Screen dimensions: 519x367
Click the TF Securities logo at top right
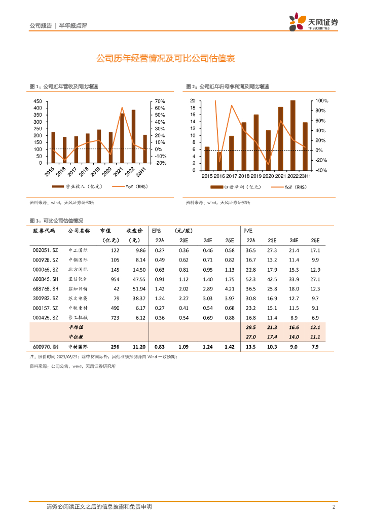click(x=313, y=22)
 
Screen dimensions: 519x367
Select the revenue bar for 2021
click(x=122, y=138)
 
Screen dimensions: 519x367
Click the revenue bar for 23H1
click(x=144, y=149)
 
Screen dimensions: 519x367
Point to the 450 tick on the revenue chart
click(x=38, y=101)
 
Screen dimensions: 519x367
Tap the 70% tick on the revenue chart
click(x=160, y=101)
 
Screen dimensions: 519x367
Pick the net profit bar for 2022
click(x=293, y=135)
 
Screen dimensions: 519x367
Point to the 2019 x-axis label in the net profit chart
click(x=255, y=176)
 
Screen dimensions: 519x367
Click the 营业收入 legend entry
click(x=81, y=187)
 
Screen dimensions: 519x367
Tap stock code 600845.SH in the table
click(x=45, y=279)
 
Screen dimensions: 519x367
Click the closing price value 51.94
click(x=138, y=288)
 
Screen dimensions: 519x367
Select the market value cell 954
click(x=114, y=279)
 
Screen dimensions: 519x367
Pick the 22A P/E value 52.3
click(x=250, y=279)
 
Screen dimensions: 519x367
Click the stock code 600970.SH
click(x=45, y=347)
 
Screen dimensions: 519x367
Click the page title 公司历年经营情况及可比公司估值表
click(x=165, y=59)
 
